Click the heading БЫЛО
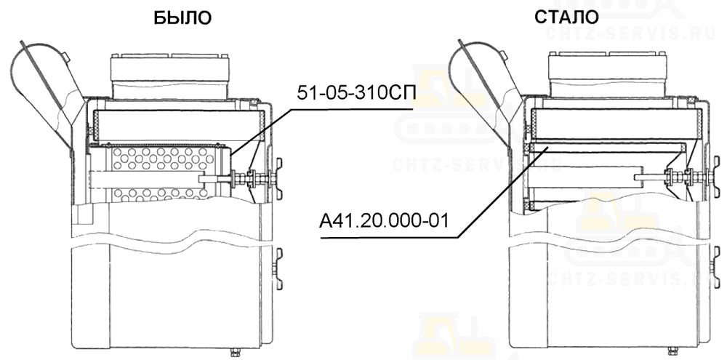coord(182,17)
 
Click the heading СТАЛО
coord(566,17)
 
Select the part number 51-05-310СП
coord(356,93)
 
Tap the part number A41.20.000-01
coord(385,221)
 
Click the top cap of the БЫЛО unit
coord(169,76)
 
